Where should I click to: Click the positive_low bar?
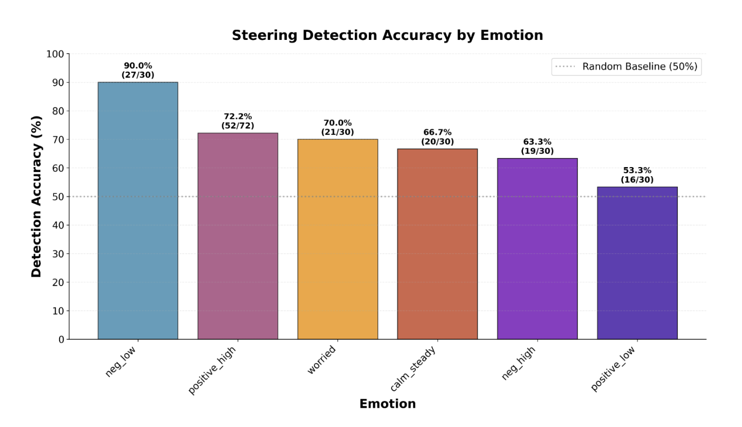point(637,262)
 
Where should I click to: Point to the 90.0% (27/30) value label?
point(138,70)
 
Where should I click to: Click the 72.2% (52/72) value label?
point(238,121)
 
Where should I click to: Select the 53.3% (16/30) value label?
point(637,175)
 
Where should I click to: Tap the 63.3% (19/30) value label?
point(537,146)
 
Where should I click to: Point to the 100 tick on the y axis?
point(55,54)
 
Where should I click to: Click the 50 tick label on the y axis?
point(58,197)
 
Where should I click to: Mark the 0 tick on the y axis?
point(61,340)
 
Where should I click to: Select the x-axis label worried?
point(322,359)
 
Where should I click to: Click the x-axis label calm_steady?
point(413,369)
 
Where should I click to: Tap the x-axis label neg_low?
point(121,361)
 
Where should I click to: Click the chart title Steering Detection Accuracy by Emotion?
point(387,35)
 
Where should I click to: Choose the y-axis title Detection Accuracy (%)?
point(36,196)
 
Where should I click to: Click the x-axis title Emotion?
point(387,404)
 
